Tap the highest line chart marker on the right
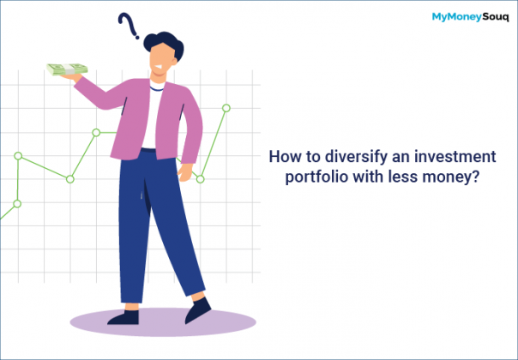(226, 108)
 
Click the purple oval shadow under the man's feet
(162, 321)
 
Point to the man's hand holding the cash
(83, 80)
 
